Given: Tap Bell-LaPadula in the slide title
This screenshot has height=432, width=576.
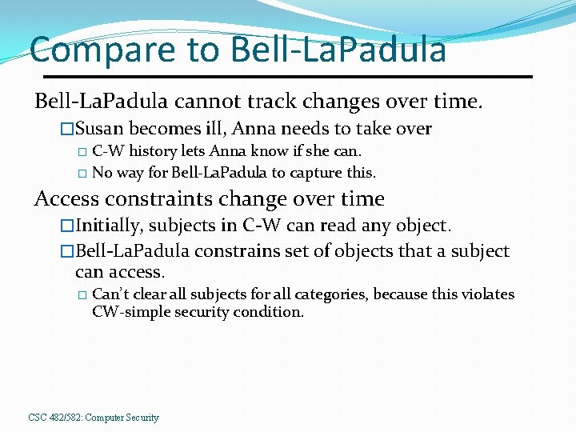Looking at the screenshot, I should [338, 49].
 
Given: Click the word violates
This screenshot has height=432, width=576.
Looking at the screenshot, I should [487, 294].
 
